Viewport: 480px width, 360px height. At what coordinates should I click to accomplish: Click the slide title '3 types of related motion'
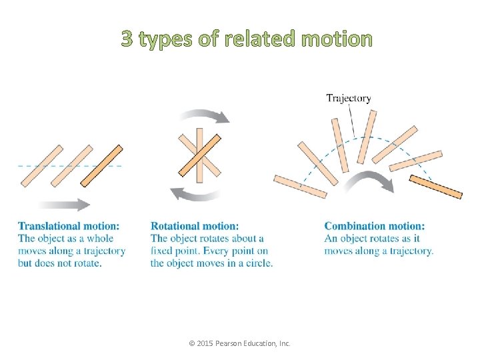tap(247, 39)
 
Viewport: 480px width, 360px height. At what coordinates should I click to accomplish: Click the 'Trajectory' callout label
tap(348, 99)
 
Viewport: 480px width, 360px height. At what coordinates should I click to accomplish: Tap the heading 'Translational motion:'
tap(69, 227)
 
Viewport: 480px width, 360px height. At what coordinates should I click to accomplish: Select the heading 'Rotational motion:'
tap(194, 227)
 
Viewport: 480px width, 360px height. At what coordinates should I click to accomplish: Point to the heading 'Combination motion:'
tap(374, 227)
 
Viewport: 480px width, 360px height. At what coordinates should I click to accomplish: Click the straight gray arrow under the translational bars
tap(64, 205)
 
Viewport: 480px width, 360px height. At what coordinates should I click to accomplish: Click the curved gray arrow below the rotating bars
tap(196, 195)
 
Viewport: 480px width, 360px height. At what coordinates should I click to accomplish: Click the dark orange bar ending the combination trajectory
tap(435, 187)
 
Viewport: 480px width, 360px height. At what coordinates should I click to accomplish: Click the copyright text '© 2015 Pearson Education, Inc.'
tap(240, 343)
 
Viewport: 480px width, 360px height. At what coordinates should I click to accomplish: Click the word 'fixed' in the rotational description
tap(163, 251)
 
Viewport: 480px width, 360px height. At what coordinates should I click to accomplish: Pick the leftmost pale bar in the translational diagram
tap(41, 165)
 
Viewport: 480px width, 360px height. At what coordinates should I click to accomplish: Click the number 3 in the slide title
tap(127, 39)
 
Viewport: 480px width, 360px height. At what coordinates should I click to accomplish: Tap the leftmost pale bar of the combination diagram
tap(300, 187)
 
